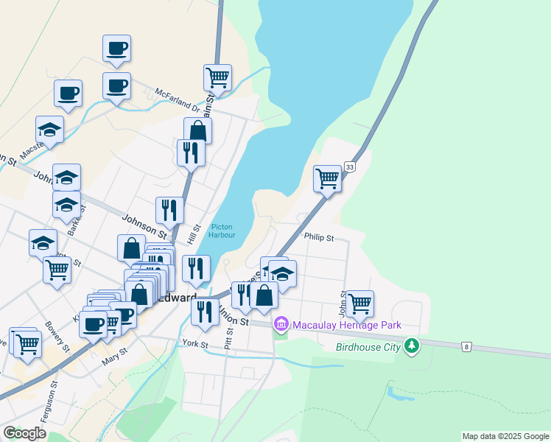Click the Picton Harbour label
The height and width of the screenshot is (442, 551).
[x=222, y=231]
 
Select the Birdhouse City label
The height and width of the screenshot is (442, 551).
[x=368, y=346]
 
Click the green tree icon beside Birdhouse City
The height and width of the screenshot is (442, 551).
[x=412, y=345]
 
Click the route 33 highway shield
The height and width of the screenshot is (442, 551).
[x=349, y=167]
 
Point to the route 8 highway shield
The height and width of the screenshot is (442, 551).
[x=466, y=345]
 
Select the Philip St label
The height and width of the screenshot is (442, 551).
[x=319, y=238]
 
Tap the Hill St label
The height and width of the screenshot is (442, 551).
[x=194, y=235]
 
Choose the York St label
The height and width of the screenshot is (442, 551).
[x=196, y=344]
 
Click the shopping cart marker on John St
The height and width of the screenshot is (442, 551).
[x=359, y=303]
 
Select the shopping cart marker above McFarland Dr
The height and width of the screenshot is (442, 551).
[x=217, y=77]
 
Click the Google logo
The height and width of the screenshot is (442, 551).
[x=24, y=433]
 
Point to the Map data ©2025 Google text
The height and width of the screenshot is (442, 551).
[x=505, y=436]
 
